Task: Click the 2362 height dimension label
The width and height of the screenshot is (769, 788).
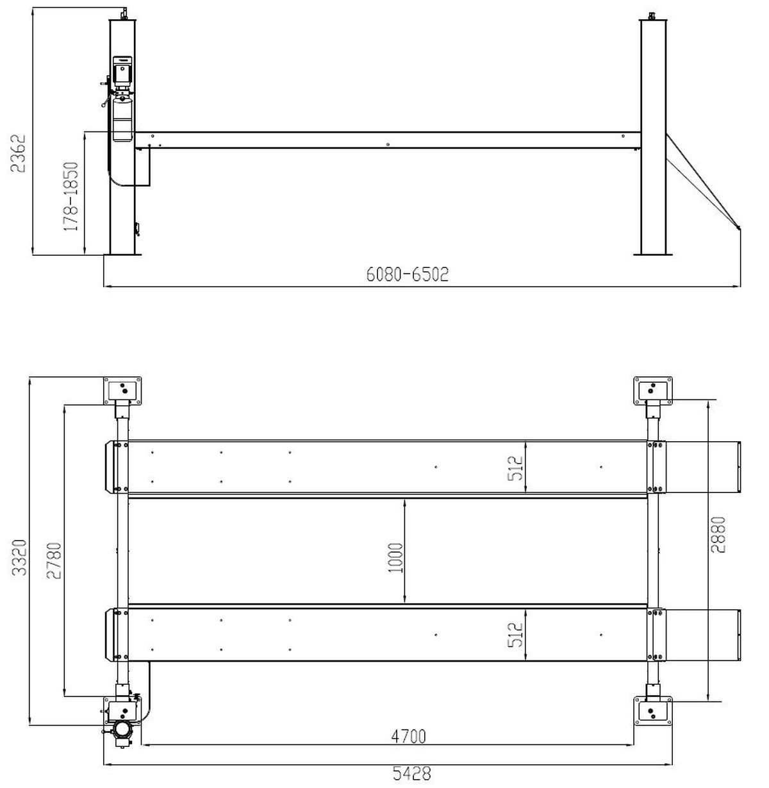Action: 18,154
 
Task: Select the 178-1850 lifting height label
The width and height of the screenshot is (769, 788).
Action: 71,196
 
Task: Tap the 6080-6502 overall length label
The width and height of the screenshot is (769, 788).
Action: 408,274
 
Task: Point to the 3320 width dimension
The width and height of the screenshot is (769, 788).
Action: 19,557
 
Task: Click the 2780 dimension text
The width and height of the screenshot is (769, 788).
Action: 54,560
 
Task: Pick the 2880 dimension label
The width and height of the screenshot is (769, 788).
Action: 718,535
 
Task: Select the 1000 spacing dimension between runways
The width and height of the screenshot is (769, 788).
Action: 396,558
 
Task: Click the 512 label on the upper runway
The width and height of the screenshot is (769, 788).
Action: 516,469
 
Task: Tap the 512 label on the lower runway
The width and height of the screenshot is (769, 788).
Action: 516,635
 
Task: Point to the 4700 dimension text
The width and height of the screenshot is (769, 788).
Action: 408,737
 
